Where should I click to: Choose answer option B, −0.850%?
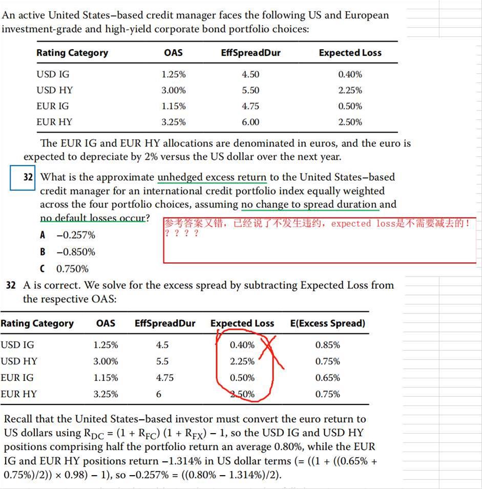coord(70,252)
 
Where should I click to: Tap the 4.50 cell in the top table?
coord(250,74)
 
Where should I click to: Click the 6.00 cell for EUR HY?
coord(250,122)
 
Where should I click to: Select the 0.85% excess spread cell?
coord(327,345)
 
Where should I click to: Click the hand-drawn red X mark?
coord(271,351)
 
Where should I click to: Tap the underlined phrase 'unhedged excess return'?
coord(212,177)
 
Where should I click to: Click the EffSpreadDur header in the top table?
coord(250,53)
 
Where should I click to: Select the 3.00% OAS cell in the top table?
coord(173,90)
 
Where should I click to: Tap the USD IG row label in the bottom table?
coord(17,345)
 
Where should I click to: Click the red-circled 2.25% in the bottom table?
coord(242,361)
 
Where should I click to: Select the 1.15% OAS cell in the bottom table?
coord(106,377)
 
